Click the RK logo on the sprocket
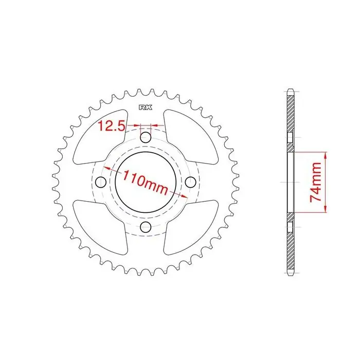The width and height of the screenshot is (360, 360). tap(146, 107)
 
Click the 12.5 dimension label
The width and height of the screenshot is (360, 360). tap(112, 126)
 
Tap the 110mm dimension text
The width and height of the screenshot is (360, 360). tap(146, 182)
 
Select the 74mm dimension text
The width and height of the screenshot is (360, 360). tap(315, 182)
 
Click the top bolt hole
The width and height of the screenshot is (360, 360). tap(146, 137)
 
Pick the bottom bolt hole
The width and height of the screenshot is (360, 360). tap(146, 227)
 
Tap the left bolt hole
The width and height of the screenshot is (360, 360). tap(101, 182)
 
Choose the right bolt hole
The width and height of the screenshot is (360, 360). tap(191, 182)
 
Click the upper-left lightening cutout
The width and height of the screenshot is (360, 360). tap(100, 137)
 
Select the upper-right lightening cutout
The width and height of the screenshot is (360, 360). tap(191, 137)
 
